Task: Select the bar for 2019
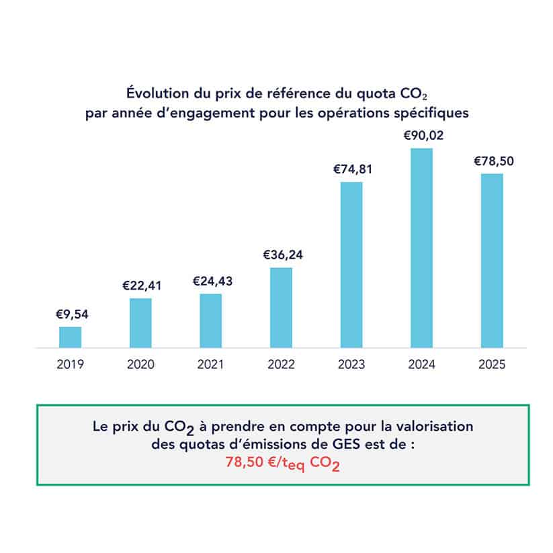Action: [71, 337]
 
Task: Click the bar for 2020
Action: [140, 323]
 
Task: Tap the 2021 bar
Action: [210, 321]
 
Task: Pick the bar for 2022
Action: [281, 308]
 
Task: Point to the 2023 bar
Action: [351, 265]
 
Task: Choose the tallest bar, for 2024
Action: [421, 248]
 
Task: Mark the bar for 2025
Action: [492, 261]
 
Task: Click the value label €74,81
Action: [351, 169]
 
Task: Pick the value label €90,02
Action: [422, 135]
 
